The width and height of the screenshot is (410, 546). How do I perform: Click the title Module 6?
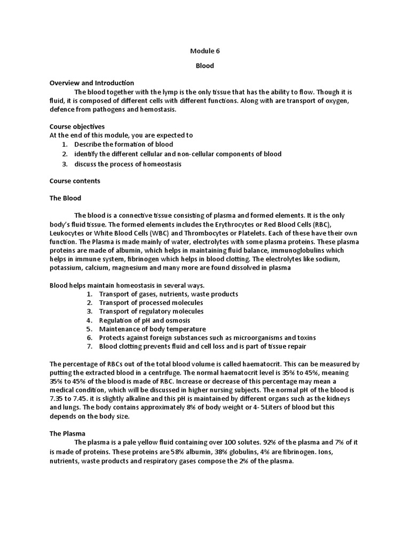(205, 51)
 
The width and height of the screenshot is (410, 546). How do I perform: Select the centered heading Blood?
(205, 66)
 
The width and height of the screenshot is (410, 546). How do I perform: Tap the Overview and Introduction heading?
(92, 83)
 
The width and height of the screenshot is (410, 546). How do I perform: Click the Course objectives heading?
(77, 127)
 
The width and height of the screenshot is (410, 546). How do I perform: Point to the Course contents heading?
(75, 181)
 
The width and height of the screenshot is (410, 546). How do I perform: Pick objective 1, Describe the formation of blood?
(124, 144)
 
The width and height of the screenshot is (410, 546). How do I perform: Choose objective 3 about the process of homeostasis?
(128, 164)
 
